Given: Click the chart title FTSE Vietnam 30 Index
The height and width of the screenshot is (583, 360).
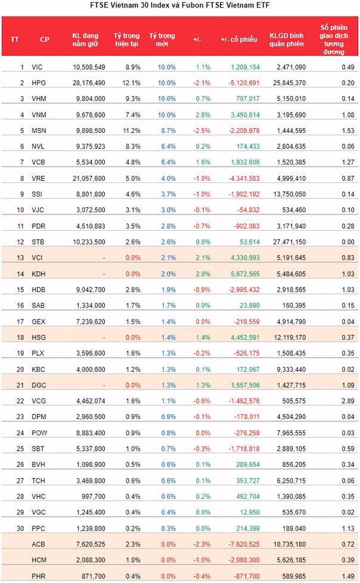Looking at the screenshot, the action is (x=130, y=5).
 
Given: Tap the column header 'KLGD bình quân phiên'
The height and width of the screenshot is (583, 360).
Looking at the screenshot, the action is (x=286, y=40).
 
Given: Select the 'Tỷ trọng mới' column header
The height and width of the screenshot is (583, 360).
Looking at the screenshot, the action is (x=162, y=40).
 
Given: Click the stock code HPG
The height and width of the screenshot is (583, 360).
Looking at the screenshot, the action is (x=39, y=83).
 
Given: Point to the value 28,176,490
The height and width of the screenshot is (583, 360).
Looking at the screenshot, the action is (x=89, y=83).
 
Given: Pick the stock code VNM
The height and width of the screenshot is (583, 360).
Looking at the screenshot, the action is (x=39, y=115).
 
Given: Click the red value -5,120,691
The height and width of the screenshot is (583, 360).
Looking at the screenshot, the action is (x=244, y=83).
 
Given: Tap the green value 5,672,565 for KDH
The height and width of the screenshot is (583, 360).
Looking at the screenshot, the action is (x=245, y=274).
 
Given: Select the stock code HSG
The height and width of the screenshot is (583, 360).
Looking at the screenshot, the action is (x=39, y=337).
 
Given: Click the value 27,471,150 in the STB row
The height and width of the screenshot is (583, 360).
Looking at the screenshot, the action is (x=289, y=242).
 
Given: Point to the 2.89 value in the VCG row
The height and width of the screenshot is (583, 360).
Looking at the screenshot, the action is (x=348, y=401).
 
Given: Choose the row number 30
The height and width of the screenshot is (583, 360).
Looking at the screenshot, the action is (x=20, y=529).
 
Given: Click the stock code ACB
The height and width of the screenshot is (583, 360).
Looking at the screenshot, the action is (x=38, y=544).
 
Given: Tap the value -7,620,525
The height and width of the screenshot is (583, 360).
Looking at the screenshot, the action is (x=244, y=544).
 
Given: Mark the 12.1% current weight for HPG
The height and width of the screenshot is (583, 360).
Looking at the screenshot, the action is (x=131, y=83).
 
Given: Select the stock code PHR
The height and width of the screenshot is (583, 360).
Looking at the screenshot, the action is (x=39, y=576).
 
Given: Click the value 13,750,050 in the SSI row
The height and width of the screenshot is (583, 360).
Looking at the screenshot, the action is (x=289, y=194).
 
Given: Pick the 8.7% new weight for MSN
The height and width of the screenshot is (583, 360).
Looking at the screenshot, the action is (x=169, y=131).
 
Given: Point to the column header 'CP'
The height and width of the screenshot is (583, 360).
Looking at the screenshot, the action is (x=45, y=39).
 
